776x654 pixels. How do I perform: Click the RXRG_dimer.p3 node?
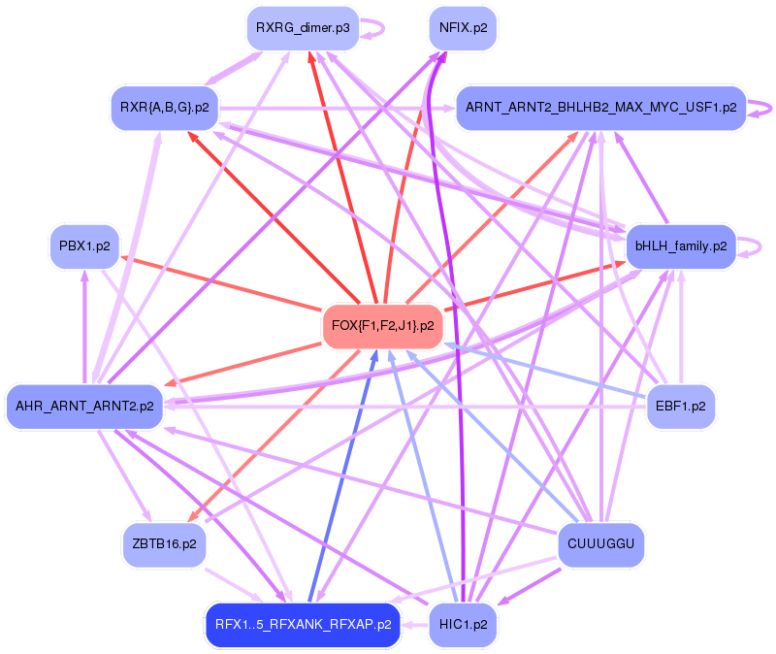(x=303, y=29)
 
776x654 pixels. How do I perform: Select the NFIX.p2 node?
(x=463, y=29)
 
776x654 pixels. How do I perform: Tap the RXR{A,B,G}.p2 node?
(x=165, y=107)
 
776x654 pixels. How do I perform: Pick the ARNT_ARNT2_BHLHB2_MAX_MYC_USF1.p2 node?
(x=600, y=107)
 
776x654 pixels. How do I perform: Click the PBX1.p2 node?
(x=83, y=246)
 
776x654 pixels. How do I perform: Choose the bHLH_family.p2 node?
(x=681, y=246)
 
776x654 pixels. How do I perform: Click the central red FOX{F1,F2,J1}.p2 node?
(x=382, y=325)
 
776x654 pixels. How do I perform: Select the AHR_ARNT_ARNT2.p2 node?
(x=85, y=406)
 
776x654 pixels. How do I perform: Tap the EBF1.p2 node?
(x=681, y=406)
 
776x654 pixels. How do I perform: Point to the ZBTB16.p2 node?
(x=164, y=544)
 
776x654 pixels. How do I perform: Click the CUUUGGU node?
(x=601, y=544)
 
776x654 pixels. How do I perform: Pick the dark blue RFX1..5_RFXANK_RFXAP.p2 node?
(x=303, y=624)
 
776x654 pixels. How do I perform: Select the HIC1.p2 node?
(x=463, y=624)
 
